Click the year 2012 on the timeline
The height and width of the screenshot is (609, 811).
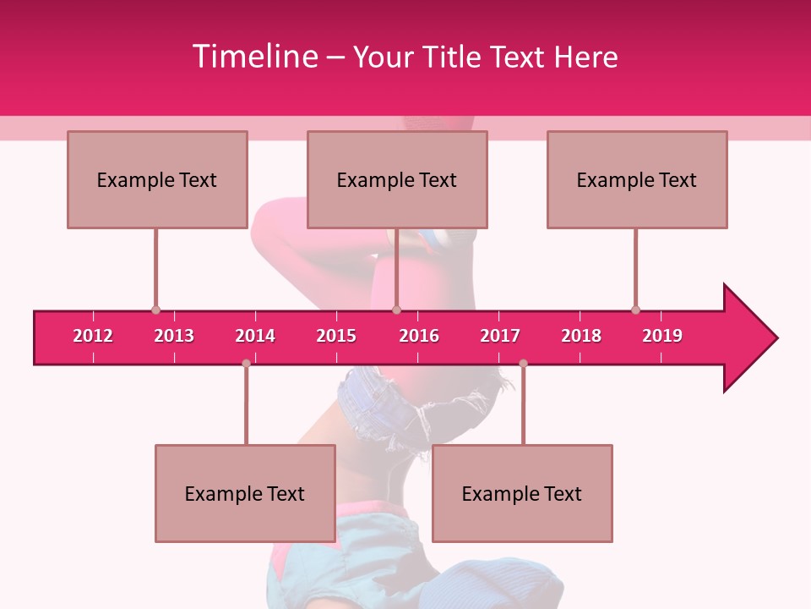pos(93,336)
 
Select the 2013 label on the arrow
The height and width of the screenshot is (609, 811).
pos(174,336)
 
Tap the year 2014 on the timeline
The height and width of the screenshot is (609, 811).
pos(255,336)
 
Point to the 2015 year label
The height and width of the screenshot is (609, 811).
pos(336,336)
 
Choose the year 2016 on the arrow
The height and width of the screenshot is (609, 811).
pos(419,336)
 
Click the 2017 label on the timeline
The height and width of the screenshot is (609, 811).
pos(500,336)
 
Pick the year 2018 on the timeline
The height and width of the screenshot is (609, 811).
pos(581,336)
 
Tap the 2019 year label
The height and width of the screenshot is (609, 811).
pos(662,336)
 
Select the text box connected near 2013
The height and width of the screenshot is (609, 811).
pos(157,179)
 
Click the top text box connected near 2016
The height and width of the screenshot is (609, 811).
pos(397,179)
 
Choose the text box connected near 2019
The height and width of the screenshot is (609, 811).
pos(637,179)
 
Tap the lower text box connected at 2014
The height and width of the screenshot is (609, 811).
pos(245,493)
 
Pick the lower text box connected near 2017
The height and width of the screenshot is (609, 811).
pos(522,493)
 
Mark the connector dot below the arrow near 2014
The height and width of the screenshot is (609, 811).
pos(246,363)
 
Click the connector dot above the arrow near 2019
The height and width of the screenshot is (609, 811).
pos(635,310)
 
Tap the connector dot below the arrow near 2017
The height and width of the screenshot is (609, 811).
pos(523,363)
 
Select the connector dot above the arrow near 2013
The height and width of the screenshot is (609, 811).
pos(155,310)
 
